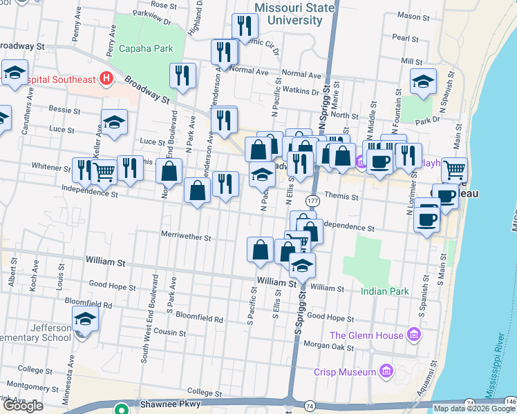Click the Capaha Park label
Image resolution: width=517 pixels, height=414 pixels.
click(146, 48)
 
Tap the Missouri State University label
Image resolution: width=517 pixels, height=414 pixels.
click(294, 14)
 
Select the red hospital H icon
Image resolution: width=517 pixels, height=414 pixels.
click(106, 79)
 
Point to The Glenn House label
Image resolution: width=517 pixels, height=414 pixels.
click(367, 335)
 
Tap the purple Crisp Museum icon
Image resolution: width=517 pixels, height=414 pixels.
click(386, 371)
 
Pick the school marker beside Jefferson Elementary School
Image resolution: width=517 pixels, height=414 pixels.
click(85, 319)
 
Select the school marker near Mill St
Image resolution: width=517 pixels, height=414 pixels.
click(423, 81)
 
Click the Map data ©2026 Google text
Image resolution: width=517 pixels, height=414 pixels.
click(473, 408)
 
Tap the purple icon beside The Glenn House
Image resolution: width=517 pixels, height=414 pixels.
click(414, 335)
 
